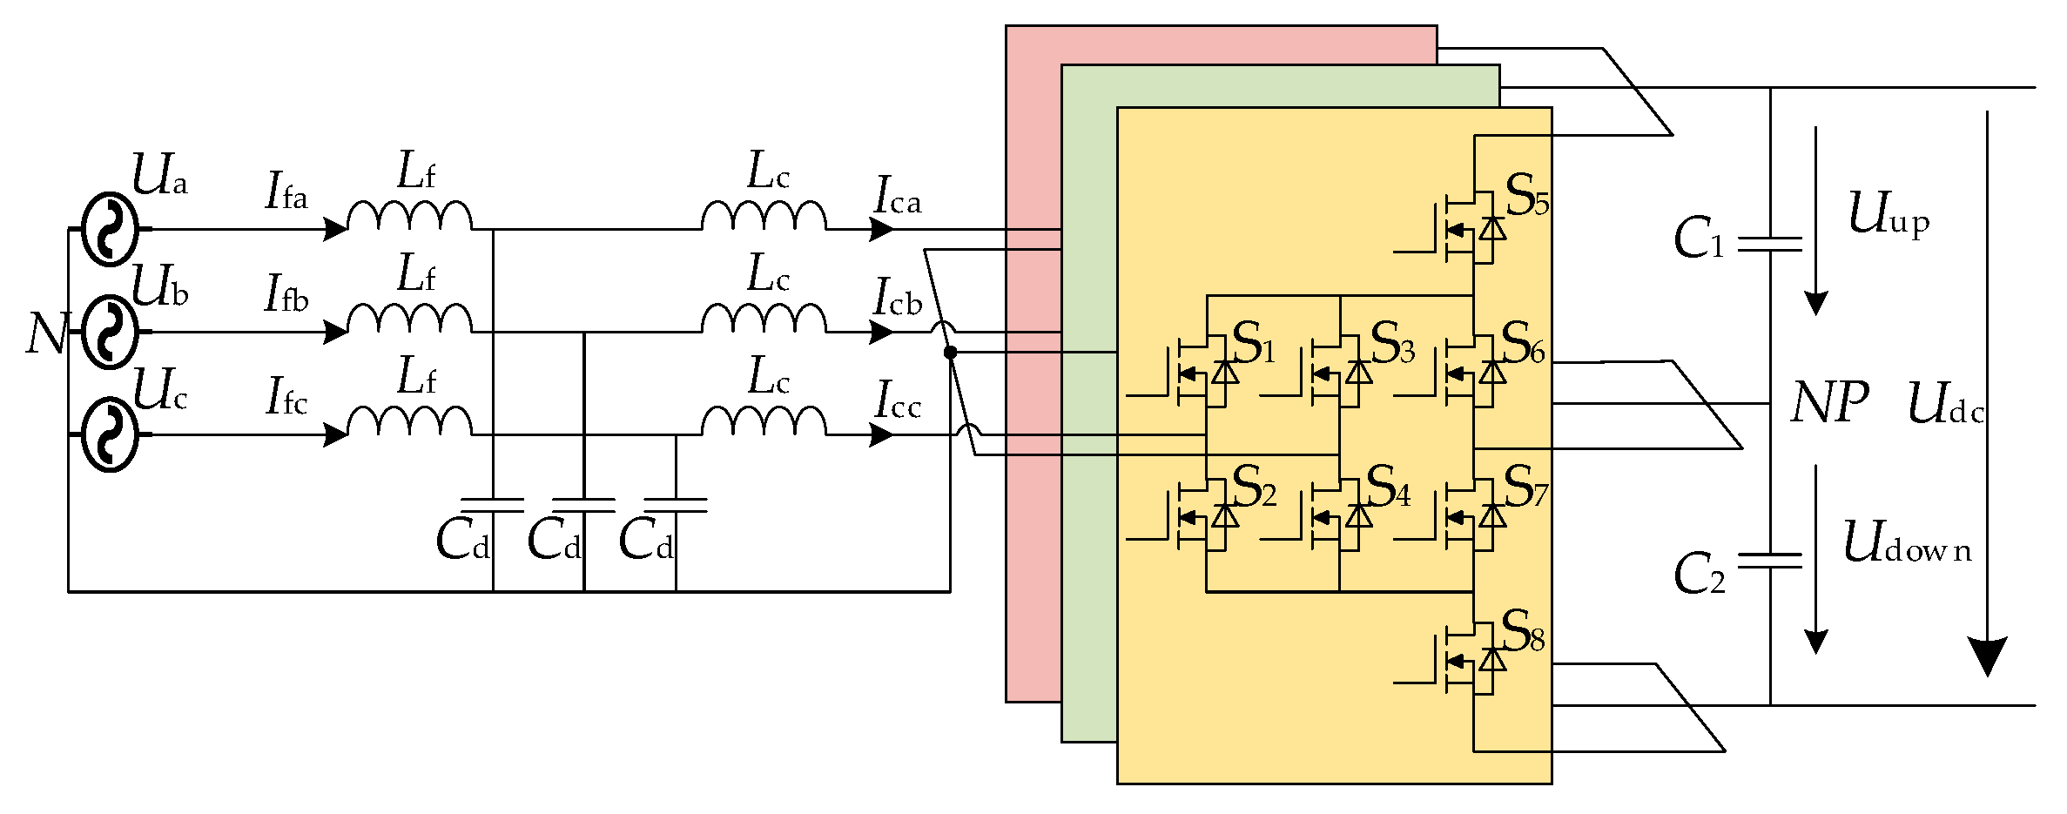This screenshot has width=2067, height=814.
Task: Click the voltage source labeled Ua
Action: pos(110,229)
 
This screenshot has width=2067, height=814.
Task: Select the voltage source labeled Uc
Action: pos(110,434)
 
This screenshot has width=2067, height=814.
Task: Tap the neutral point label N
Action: pos(46,333)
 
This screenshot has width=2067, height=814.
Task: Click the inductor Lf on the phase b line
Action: pos(409,318)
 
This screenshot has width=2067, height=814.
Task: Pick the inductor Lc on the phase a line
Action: pos(764,215)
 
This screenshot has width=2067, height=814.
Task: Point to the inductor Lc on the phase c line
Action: pos(764,420)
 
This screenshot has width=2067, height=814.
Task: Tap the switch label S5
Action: pos(1527,197)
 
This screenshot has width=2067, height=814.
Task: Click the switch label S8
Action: pos(1524,632)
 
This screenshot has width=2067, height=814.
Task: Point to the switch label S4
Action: pos(1389,488)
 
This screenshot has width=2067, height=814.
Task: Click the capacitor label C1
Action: pos(1699,238)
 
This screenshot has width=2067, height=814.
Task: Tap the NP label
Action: pos(1829,403)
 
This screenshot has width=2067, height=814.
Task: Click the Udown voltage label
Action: pos(1907,542)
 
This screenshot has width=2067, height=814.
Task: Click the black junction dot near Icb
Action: pos(951,352)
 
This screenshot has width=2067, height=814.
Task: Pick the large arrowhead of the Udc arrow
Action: pos(1987,656)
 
